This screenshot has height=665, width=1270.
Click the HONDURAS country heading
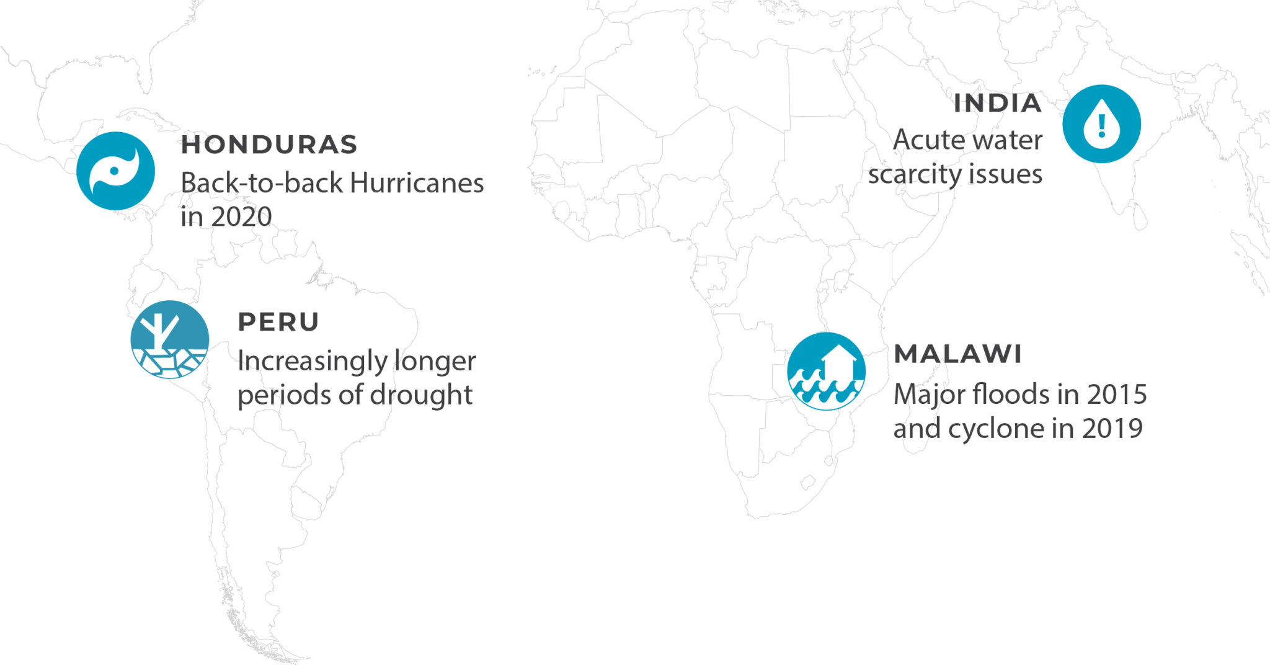269,145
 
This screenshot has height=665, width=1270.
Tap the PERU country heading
278,322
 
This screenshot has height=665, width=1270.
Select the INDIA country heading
997,104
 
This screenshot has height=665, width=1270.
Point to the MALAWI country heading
957,354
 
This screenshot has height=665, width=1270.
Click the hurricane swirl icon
115,171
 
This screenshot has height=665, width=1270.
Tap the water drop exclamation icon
1101,124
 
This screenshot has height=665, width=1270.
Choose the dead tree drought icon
169,339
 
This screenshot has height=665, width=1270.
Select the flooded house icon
826,371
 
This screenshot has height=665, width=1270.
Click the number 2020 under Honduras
241,217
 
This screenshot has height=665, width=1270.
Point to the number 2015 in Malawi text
1117,395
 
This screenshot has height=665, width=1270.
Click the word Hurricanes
417,183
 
